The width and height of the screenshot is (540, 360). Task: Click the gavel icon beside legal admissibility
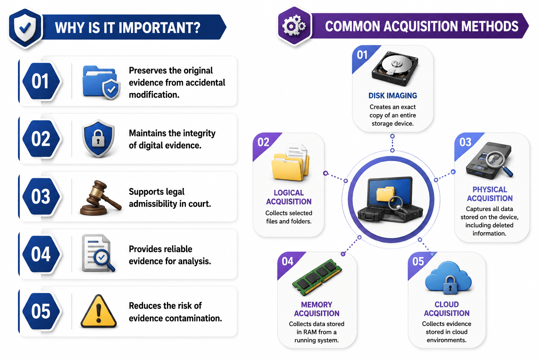[101, 198]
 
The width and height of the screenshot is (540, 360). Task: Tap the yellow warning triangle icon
[98, 311]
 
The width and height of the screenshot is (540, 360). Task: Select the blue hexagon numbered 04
[41, 254]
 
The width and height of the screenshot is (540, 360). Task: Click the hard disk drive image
[395, 68]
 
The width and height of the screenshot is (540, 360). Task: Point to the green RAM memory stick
[317, 277]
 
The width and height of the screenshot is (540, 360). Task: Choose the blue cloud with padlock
[448, 278]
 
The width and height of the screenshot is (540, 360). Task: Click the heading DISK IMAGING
[393, 96]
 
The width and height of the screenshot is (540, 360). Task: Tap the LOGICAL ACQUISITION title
[289, 197]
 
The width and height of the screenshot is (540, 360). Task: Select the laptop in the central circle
[390, 199]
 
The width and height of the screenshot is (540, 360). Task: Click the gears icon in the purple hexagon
[294, 25]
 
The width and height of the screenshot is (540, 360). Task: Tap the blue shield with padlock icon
[98, 138]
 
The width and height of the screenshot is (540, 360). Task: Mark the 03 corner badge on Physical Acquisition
[465, 142]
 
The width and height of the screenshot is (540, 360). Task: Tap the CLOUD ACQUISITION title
[447, 309]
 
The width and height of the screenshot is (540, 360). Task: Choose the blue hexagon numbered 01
[41, 81]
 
